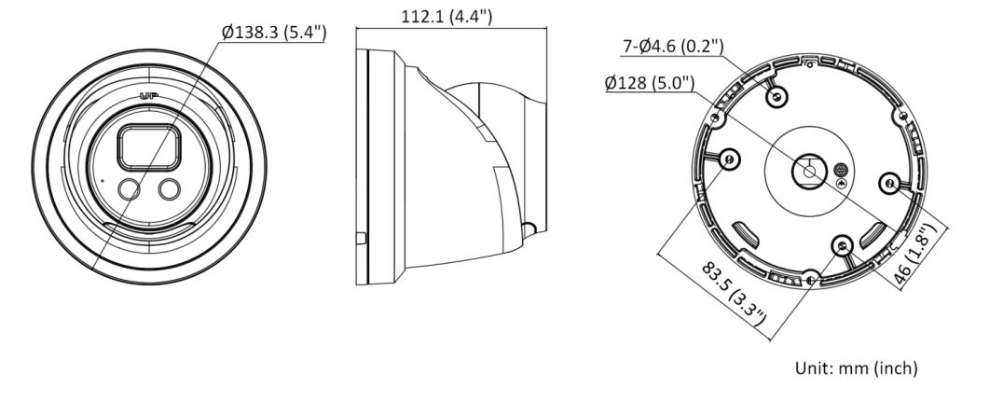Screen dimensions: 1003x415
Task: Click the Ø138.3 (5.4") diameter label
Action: click(x=274, y=32)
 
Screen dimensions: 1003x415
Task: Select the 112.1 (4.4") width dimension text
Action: click(x=447, y=17)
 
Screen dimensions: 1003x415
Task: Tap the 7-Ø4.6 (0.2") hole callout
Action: click(x=673, y=46)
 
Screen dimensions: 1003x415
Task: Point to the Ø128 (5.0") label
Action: click(x=650, y=83)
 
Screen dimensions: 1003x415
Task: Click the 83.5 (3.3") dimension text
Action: click(x=734, y=294)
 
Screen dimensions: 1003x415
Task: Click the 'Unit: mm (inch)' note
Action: click(x=856, y=368)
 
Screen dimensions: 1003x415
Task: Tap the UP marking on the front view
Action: click(x=149, y=96)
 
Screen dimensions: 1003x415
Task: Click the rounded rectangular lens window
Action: click(x=148, y=146)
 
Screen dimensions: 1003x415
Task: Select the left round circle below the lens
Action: click(x=130, y=189)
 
